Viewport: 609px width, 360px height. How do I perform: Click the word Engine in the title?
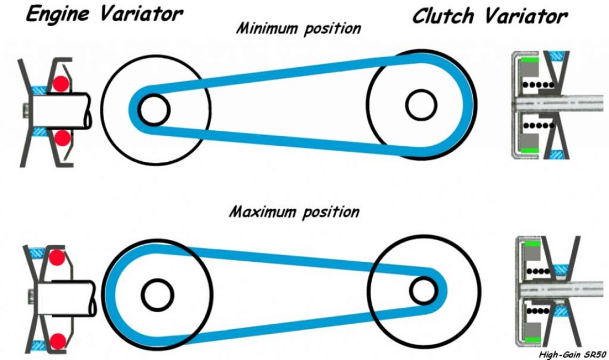pos(58,14)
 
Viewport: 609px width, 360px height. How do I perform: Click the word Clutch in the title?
pos(443,17)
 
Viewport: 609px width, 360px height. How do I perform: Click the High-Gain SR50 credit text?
pos(572,354)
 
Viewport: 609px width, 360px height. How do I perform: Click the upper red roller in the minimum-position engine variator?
pos(61,83)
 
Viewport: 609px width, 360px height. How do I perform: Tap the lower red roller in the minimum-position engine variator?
pos(61,137)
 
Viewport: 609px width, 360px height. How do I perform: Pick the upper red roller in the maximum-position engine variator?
pos(57,257)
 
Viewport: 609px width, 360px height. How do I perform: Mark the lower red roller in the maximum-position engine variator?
pos(58,341)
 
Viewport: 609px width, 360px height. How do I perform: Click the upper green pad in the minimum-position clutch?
pos(530,60)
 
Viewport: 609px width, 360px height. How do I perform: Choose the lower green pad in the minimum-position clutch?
pos(530,150)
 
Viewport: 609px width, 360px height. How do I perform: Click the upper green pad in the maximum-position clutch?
pos(532,244)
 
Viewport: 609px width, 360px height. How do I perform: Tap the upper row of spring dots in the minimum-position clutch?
pos(538,85)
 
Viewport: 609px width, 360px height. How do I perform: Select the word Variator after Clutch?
pos(526,17)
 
